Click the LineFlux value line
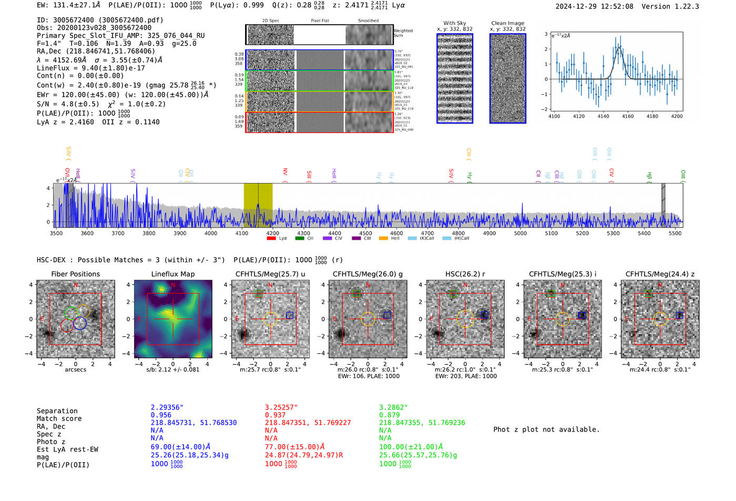click(91, 68)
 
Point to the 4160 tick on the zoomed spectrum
click(628, 116)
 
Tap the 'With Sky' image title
click(454, 23)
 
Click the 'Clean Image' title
click(507, 23)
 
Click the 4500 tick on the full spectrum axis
click(365, 233)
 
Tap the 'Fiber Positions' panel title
click(75, 274)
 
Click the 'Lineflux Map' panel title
click(172, 274)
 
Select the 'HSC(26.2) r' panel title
click(465, 274)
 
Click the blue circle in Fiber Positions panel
click(80, 323)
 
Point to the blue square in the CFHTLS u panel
click(290, 315)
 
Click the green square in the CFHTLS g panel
click(356, 293)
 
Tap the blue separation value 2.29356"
click(167, 407)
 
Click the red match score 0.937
click(275, 415)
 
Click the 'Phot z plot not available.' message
click(546, 430)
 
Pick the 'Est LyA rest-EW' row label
click(67, 449)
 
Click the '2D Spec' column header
click(271, 21)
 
